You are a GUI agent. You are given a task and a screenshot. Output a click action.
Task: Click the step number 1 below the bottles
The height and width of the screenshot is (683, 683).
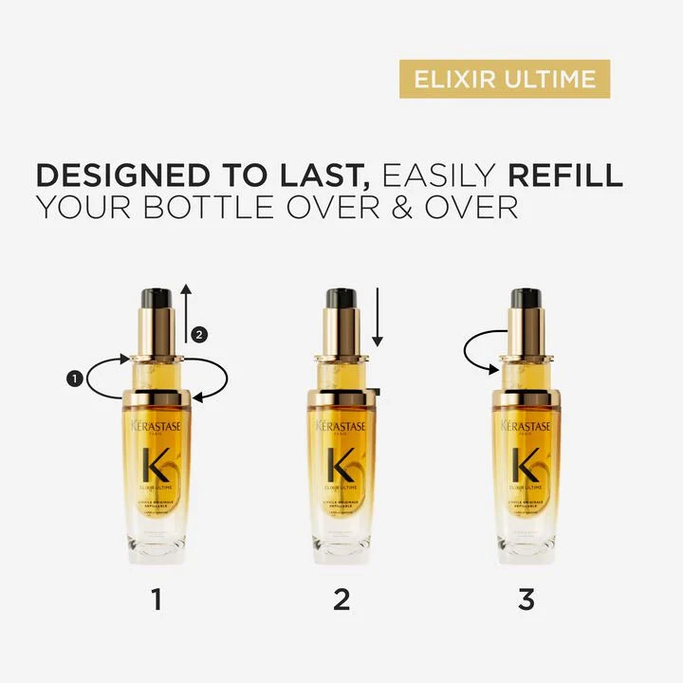click(x=157, y=600)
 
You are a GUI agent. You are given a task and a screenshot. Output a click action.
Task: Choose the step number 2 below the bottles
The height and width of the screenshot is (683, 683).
click(x=341, y=600)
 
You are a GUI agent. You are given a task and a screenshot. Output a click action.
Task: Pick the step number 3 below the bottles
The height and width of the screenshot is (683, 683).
click(x=526, y=600)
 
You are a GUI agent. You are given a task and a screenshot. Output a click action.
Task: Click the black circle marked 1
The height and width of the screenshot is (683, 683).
click(x=72, y=378)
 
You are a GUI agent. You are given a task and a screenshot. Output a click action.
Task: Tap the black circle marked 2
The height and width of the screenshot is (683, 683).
click(x=197, y=334)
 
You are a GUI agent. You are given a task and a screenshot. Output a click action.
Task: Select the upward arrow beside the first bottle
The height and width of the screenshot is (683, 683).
click(x=187, y=313)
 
